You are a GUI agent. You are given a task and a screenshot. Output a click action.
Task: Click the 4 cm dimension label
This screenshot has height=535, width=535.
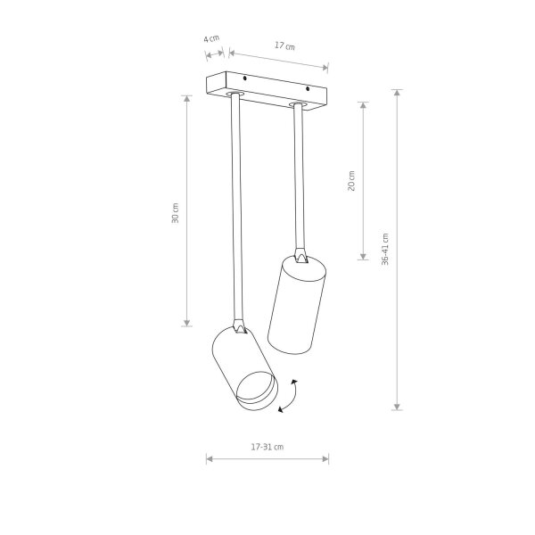click(x=211, y=38)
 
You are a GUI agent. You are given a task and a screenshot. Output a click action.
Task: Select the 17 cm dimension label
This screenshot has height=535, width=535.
click(x=284, y=45)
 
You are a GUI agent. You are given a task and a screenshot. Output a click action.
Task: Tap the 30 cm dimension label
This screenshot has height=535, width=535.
click(x=175, y=213)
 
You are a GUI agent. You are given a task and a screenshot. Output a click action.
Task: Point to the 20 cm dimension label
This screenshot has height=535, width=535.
click(x=351, y=181)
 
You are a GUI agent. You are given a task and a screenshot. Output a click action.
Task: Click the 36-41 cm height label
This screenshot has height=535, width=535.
click(x=385, y=250)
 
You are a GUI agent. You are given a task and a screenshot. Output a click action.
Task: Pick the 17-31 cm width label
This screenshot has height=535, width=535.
click(x=267, y=447)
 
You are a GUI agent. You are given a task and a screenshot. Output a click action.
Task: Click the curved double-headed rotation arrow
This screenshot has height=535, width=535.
click(x=289, y=396)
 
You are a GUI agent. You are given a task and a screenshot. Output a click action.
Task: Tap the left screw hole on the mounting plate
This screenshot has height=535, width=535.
click(x=244, y=78)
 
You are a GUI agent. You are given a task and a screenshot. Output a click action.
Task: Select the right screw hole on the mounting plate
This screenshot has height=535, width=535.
click(x=308, y=88)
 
